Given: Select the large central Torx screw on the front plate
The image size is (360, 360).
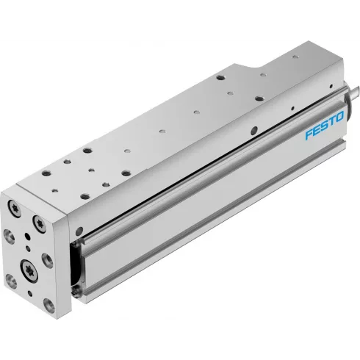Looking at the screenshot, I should pyautogui.click(x=33, y=267).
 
